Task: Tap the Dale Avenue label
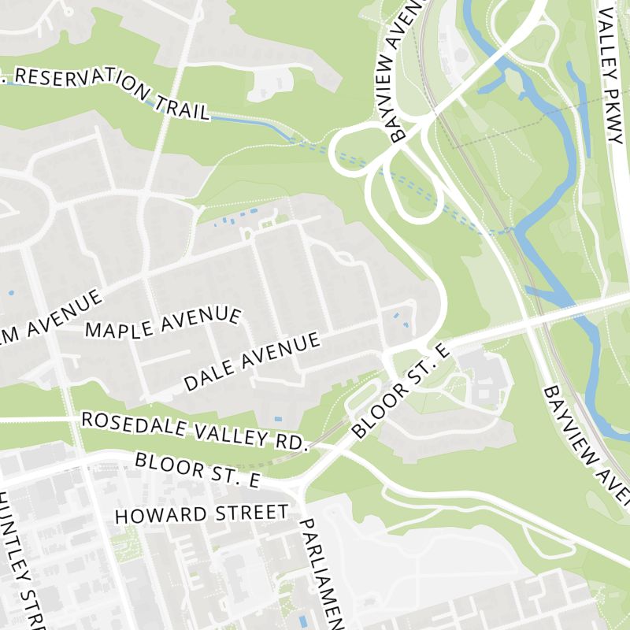pos(252,361)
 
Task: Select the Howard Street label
pos(202,514)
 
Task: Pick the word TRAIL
pos(183,107)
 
